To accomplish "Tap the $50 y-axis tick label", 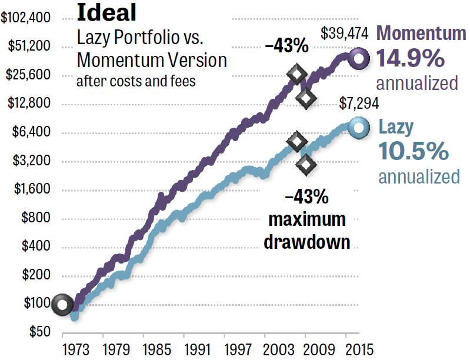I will pos(39,332).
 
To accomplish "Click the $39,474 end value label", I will pos(345,34).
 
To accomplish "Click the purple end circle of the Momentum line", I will pos(358,58).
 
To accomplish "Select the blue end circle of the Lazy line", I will pos(358,128).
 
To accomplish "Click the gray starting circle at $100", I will pos(62,304).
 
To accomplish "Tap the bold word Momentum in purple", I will pos(421,34).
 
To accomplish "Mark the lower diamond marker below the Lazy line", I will pos(306,165).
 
